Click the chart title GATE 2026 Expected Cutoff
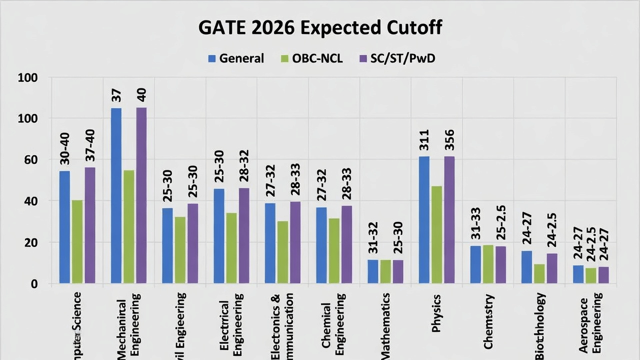tap(320, 28)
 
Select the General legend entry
tap(236, 58)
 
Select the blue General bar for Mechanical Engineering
tap(116, 195)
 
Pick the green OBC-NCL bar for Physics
tap(436, 235)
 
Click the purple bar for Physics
tap(449, 219)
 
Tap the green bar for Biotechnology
tap(539, 273)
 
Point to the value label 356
tap(450, 140)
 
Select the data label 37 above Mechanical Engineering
tap(116, 95)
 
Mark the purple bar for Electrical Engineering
tap(244, 235)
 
